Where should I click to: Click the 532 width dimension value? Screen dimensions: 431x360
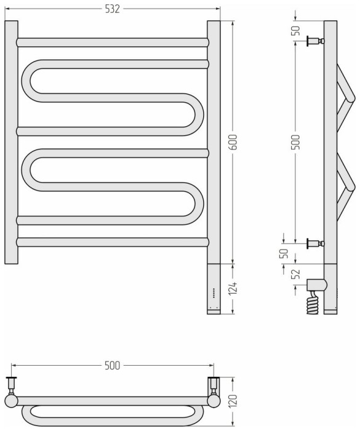click(x=113, y=8)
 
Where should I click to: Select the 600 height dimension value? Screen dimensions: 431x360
click(x=233, y=143)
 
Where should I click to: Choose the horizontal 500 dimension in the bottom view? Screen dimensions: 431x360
click(x=111, y=366)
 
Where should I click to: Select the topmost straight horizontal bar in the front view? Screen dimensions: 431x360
click(x=113, y=42)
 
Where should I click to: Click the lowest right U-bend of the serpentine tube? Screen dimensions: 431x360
click(x=197, y=201)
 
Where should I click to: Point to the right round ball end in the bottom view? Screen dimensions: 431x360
click(x=214, y=401)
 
